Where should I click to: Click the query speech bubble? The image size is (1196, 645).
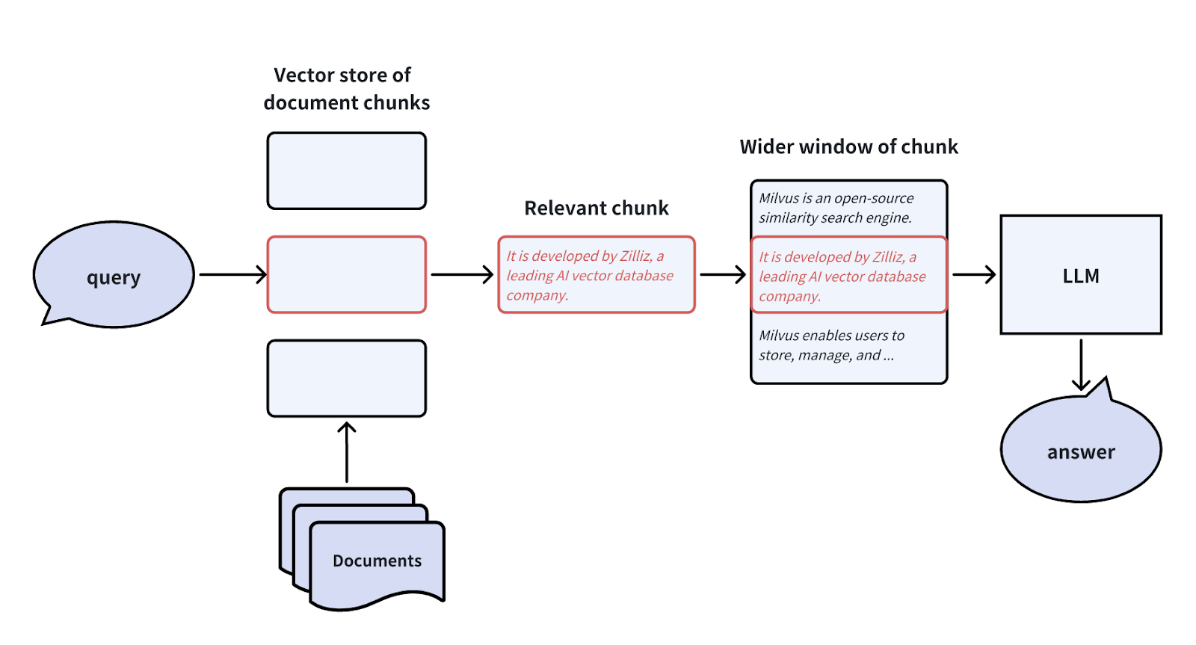coord(114,275)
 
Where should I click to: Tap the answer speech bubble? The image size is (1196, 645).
coord(1081,451)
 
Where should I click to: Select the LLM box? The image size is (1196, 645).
coord(1081,275)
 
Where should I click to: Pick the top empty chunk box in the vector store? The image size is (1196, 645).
coord(347,170)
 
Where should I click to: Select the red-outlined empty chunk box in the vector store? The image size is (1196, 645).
coord(347,274)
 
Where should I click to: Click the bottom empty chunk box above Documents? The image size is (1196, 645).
coord(347,378)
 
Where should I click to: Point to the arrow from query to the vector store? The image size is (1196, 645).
coord(232,274)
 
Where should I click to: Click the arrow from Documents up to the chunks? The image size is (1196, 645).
coord(347,451)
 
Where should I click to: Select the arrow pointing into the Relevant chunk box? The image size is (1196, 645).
coord(462,274)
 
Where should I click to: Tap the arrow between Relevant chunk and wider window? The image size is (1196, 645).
coord(722,274)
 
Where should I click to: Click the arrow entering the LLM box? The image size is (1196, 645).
coord(973,274)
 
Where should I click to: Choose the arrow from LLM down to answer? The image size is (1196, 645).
coord(1081,364)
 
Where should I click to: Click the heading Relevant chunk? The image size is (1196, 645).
coord(596,208)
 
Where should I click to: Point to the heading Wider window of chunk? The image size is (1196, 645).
coord(848,146)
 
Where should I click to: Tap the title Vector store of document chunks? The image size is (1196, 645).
coord(346,88)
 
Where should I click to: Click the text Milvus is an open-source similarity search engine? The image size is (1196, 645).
coord(836,208)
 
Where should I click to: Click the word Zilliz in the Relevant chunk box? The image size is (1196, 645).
coord(635,256)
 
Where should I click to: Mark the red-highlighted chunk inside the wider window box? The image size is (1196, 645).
coord(848,276)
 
